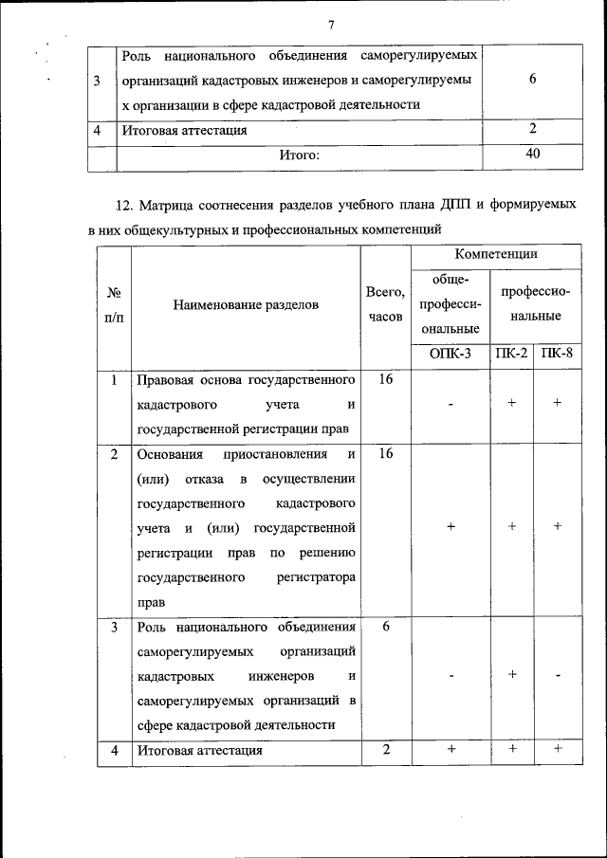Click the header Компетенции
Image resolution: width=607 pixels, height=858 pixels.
(496, 254)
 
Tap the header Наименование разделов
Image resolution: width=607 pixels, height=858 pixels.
(247, 304)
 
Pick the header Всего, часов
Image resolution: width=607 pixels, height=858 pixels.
(385, 304)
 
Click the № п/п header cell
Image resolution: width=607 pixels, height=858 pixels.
(114, 304)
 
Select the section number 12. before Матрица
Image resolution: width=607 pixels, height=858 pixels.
(123, 206)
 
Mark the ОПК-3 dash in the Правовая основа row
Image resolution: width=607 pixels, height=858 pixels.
(451, 404)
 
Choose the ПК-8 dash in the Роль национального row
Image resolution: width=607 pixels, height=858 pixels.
(558, 675)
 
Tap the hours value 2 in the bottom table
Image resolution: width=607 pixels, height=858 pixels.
(386, 750)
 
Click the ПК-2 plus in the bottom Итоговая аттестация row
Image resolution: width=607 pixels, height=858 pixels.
(511, 750)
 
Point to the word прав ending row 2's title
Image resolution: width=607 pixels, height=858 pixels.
(151, 601)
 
